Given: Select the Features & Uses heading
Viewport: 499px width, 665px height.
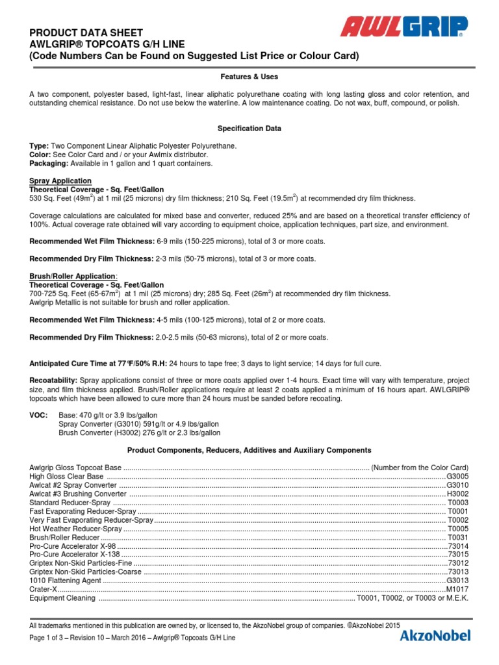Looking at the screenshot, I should (249, 76).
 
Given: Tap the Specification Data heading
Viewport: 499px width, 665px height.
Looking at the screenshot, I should (249, 129).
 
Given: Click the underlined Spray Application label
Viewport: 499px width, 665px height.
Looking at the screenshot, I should (60, 181).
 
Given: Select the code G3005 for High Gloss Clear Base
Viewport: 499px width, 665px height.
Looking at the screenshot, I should (457, 476).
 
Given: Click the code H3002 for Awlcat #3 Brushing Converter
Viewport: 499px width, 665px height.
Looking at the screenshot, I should (457, 494).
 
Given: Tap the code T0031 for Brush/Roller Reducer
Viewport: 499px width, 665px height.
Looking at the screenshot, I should (458, 538).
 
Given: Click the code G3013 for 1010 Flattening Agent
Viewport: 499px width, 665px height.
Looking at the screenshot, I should (457, 581).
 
